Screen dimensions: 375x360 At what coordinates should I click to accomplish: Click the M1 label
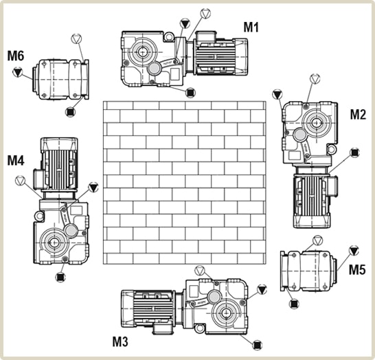pos(251,27)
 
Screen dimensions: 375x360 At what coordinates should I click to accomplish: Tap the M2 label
pos(358,114)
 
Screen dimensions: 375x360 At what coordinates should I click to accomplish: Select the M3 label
pos(120,341)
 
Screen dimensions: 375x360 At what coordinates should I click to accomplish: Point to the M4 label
pos(16,160)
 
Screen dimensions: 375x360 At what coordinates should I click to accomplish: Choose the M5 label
pos(357,269)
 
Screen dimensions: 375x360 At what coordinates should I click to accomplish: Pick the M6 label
pos(16,56)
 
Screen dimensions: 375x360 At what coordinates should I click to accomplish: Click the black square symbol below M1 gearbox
pos(191,92)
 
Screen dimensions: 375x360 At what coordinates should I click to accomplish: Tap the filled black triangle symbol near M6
pos(17,72)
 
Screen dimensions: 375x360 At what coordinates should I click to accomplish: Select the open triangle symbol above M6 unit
pos(76,38)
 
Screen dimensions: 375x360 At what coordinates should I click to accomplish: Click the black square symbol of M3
pos(258,345)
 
